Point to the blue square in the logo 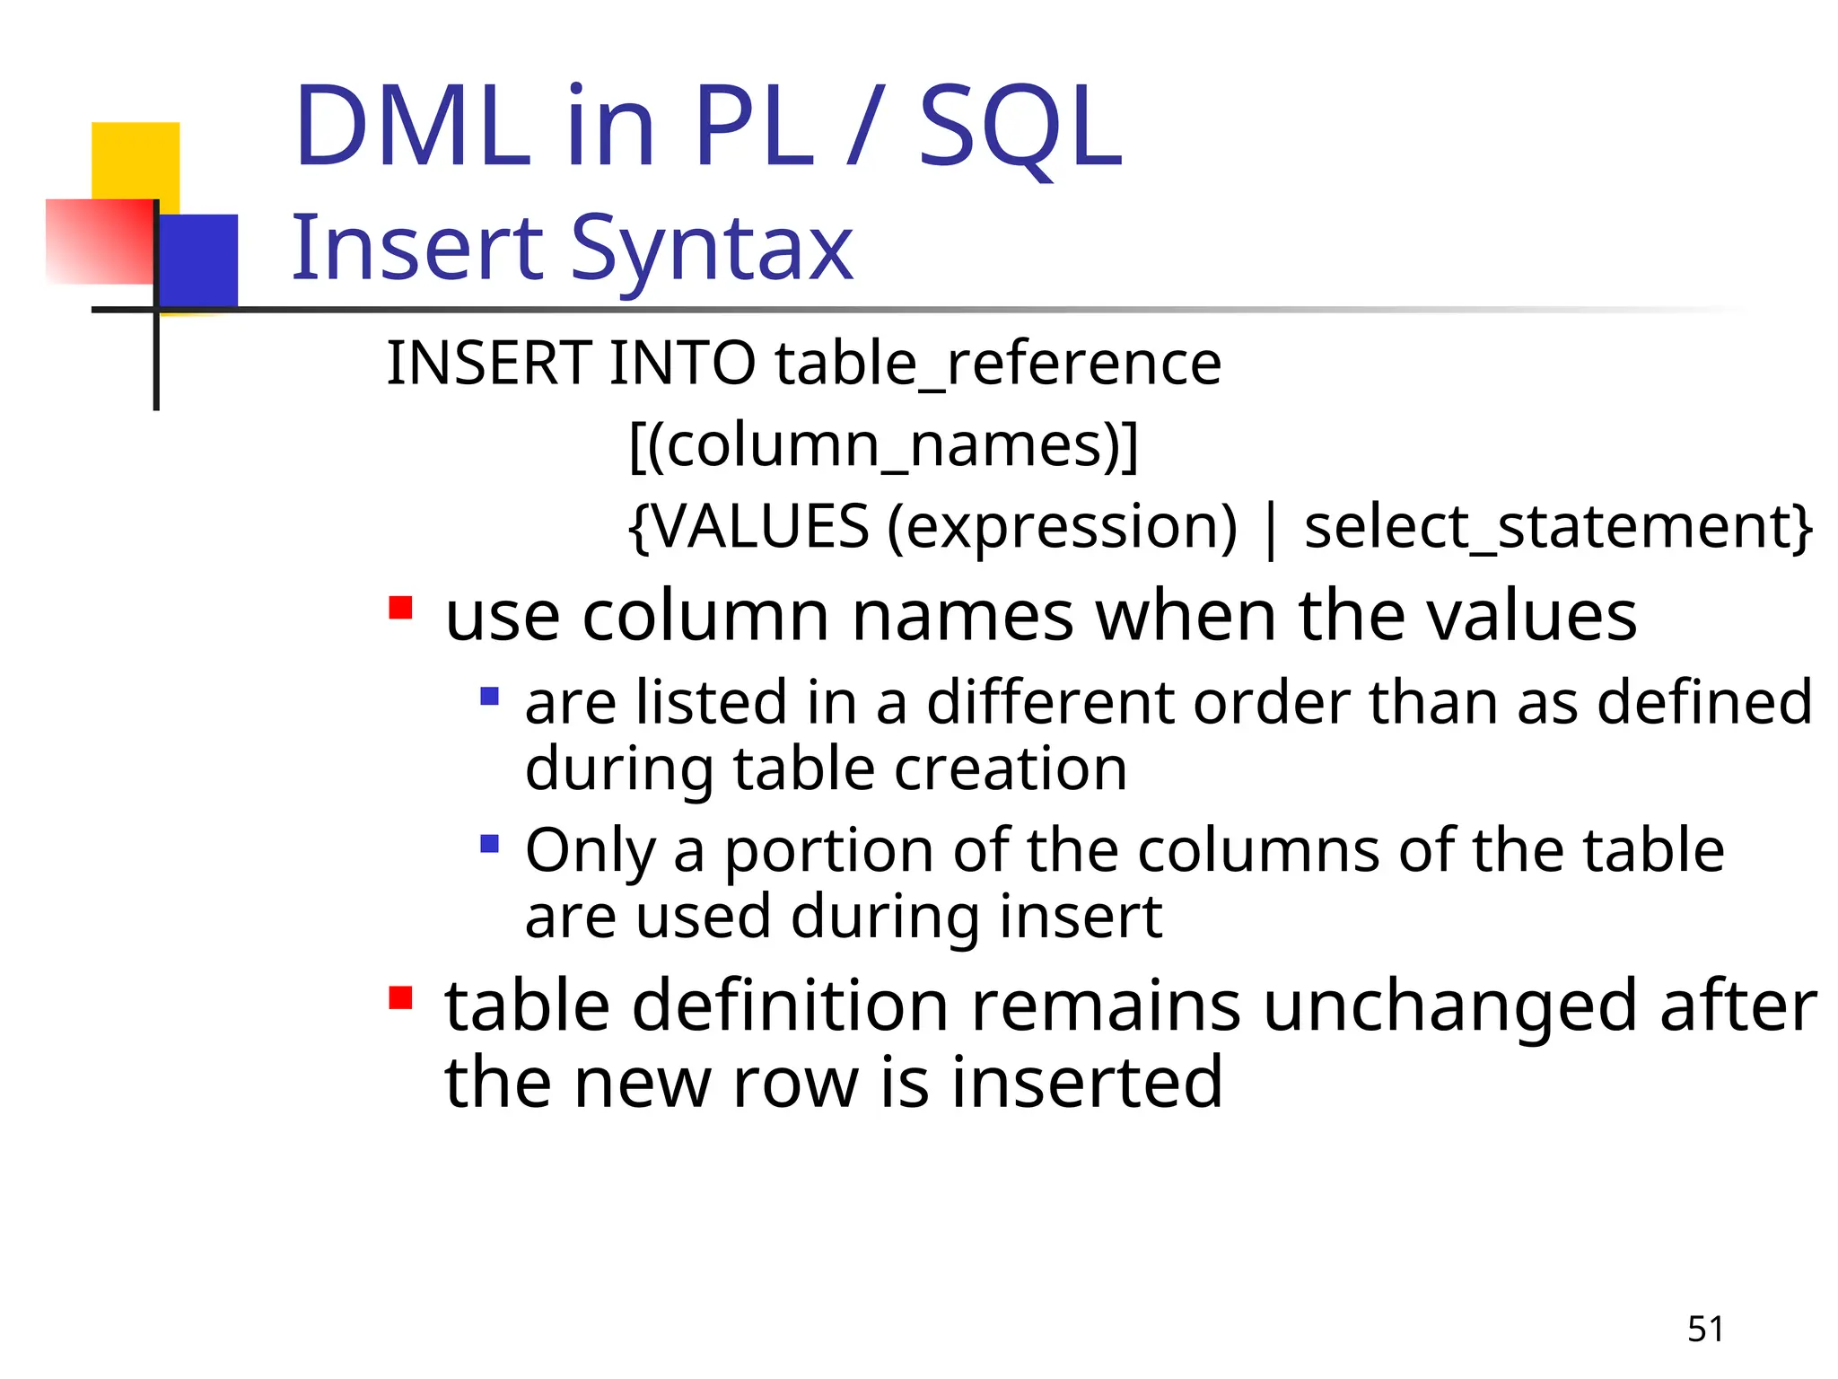199,260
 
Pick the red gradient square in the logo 99,241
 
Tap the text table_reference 998,364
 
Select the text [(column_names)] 883,445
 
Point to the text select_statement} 1558,527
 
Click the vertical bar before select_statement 1270,530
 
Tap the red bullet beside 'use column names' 400,609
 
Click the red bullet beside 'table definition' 400,997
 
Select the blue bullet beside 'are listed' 489,697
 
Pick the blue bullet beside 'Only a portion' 489,844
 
